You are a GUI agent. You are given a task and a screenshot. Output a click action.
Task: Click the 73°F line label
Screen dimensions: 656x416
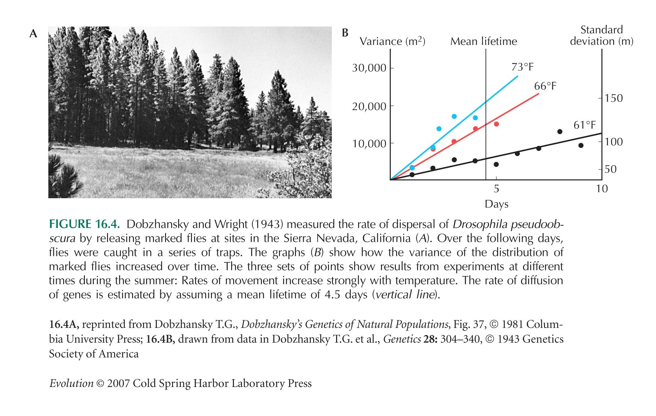(x=522, y=67)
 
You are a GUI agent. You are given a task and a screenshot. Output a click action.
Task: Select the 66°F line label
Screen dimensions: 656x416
(x=545, y=86)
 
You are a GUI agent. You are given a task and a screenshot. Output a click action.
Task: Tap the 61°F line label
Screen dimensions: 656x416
(x=585, y=125)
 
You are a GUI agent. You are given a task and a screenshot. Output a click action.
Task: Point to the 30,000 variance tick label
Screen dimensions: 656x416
(x=369, y=68)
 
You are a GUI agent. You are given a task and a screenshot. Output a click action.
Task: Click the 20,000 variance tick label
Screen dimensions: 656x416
(x=369, y=107)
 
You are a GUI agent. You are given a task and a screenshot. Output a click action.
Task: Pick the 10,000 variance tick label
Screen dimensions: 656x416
(x=369, y=144)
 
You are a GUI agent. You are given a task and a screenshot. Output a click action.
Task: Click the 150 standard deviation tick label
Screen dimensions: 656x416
(x=614, y=98)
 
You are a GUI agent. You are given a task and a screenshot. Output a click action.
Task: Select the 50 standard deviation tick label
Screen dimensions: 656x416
(x=610, y=169)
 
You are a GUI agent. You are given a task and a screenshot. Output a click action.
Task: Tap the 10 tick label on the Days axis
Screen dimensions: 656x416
(x=602, y=188)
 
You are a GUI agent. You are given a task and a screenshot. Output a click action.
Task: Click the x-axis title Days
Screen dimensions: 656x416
(x=496, y=204)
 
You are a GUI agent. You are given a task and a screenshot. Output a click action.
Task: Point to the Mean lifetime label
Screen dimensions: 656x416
(x=484, y=41)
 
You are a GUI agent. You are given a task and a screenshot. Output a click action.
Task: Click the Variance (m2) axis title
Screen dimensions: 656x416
(x=392, y=41)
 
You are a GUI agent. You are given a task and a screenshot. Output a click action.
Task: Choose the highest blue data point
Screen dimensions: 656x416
(x=454, y=116)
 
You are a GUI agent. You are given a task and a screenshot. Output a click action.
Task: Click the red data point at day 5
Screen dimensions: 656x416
(x=496, y=124)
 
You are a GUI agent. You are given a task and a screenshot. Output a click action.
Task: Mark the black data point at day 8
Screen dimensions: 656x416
(x=560, y=131)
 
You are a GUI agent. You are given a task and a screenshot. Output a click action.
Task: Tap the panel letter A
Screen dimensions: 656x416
(x=33, y=34)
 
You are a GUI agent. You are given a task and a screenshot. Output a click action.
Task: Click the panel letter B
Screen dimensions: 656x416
(x=345, y=33)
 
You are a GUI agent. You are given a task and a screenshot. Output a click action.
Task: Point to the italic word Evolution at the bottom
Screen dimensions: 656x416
(x=71, y=384)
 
